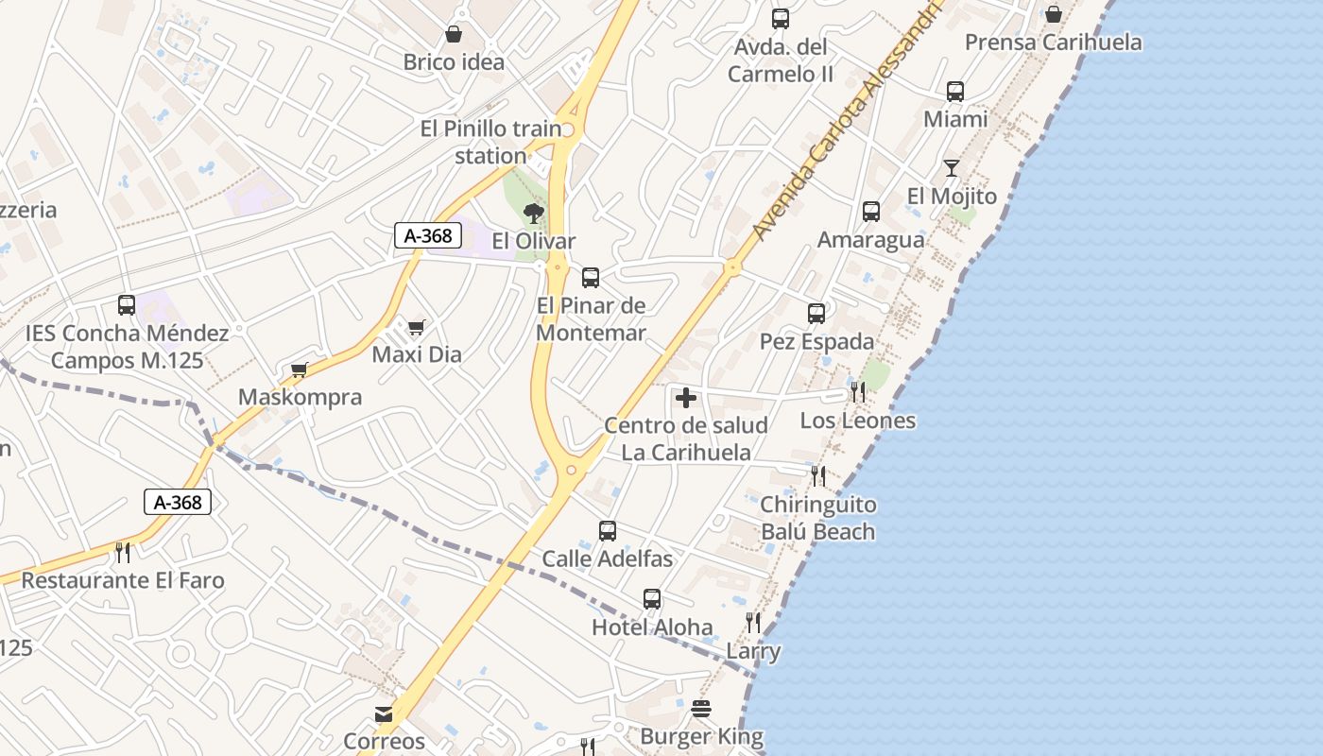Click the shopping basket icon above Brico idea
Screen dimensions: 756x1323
point(454,35)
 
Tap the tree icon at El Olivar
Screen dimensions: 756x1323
point(534,213)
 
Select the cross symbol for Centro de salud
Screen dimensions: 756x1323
point(686,398)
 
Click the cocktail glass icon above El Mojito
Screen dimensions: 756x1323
point(952,168)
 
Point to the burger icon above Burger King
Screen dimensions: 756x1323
point(701,708)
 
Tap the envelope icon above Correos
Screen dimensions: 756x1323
point(384,714)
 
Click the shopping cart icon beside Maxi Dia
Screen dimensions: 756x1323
point(416,328)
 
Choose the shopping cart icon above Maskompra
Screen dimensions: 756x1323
point(300,369)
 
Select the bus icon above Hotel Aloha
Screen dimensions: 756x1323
point(652,599)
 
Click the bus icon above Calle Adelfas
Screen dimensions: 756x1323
point(608,531)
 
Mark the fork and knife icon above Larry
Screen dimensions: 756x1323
point(753,623)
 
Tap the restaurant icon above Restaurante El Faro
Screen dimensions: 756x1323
point(123,552)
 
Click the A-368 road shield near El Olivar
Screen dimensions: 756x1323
point(428,235)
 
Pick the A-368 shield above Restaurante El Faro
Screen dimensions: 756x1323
point(178,502)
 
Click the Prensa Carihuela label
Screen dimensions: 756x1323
point(1053,43)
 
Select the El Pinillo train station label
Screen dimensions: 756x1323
point(490,142)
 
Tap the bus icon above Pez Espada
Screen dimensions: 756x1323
point(816,314)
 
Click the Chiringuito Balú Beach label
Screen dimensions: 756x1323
point(818,518)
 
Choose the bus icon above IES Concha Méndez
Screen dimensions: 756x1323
point(127,305)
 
